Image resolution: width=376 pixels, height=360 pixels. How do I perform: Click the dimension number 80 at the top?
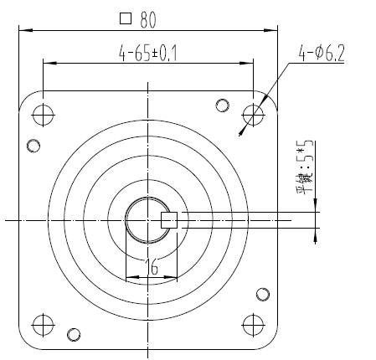click(x=149, y=17)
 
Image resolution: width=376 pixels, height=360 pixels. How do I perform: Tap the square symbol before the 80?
click(x=126, y=17)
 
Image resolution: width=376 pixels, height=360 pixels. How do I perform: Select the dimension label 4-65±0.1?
click(x=148, y=54)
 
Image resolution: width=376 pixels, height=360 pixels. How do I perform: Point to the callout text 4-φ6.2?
click(x=322, y=55)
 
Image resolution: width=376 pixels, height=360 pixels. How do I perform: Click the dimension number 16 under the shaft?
click(x=152, y=267)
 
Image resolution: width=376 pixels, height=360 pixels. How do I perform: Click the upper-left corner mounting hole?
click(x=43, y=113)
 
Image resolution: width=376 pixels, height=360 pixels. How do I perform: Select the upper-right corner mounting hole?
click(x=253, y=113)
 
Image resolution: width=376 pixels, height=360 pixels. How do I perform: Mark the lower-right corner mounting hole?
click(x=253, y=323)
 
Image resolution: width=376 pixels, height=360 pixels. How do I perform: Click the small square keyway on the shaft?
click(x=167, y=219)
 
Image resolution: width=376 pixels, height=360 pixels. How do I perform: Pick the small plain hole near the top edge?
click(x=222, y=105)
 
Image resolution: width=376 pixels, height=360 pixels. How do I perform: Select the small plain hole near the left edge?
click(x=33, y=146)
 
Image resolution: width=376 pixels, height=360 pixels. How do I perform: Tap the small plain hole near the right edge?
click(x=263, y=294)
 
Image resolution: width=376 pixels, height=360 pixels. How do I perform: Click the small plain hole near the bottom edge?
click(x=75, y=335)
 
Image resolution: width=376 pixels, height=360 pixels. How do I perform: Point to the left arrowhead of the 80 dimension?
click(x=23, y=30)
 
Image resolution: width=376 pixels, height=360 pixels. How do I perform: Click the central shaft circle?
click(x=147, y=220)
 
